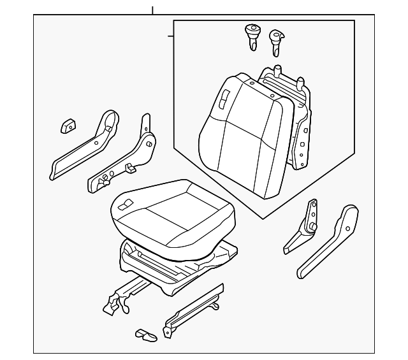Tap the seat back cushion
click(x=242, y=140)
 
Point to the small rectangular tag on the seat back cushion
click(x=224, y=98)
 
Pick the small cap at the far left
click(x=68, y=126)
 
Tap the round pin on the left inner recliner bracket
click(x=149, y=145)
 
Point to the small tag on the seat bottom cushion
click(x=126, y=205)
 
